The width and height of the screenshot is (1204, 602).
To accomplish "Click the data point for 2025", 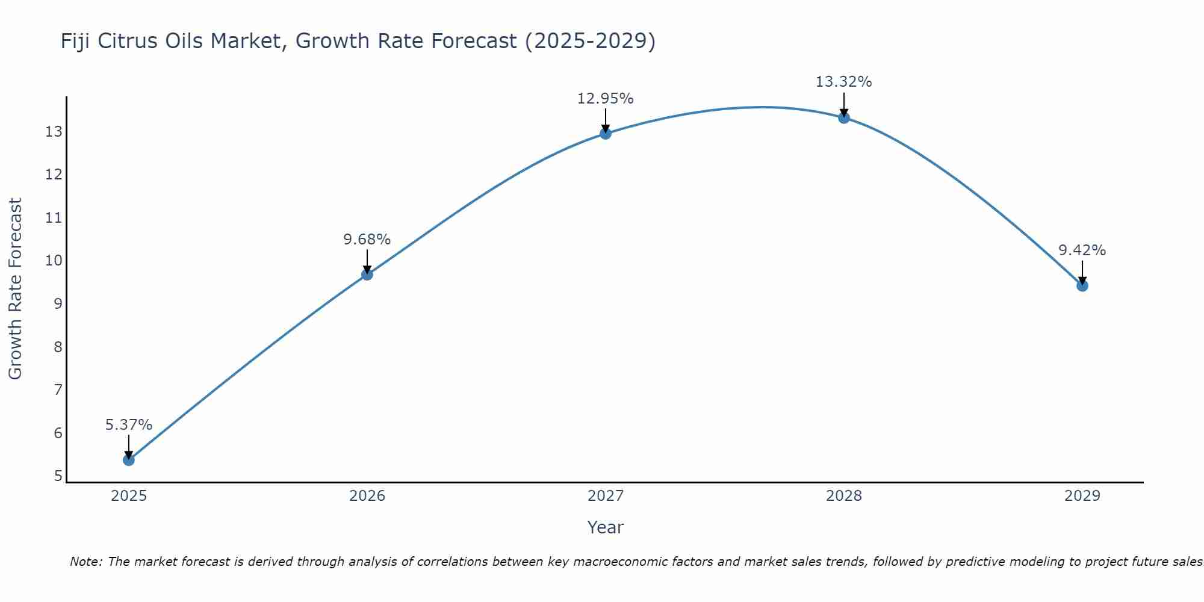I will (128, 460).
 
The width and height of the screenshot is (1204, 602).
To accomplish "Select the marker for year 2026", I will (367, 275).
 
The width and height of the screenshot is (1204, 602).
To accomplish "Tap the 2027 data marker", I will (606, 134).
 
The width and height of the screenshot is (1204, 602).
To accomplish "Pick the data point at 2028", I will (844, 118).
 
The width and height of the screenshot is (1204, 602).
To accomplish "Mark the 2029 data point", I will (1082, 285).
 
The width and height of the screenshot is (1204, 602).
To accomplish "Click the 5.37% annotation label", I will (129, 425).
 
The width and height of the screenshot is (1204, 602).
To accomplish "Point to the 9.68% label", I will (367, 240).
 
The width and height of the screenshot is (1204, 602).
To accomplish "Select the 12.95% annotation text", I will (605, 99).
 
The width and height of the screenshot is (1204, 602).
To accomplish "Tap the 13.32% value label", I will (843, 82).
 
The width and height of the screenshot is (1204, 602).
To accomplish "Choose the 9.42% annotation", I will (1082, 250).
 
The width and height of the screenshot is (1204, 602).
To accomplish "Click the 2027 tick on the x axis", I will (606, 496).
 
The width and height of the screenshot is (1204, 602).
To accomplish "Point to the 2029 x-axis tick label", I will (1082, 496).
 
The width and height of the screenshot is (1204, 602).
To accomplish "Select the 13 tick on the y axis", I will (54, 131).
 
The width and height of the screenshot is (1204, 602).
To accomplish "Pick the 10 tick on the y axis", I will (54, 261).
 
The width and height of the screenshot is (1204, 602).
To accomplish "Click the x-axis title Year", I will (605, 527).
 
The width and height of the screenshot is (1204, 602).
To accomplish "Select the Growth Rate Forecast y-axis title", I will (15, 289).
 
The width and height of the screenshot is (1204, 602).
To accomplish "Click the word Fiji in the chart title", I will (76, 42).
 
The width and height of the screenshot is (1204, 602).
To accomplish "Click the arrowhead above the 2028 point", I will (844, 113).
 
